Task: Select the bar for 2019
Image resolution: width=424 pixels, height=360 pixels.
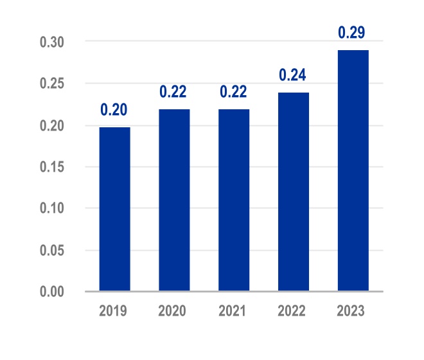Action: [x=114, y=210]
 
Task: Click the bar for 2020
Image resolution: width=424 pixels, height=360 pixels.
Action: [x=174, y=201]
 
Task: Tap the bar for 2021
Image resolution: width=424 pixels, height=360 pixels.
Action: [x=234, y=201]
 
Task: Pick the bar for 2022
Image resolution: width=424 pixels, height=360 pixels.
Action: [x=294, y=192]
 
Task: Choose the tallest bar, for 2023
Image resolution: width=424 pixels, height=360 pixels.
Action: [x=353, y=171]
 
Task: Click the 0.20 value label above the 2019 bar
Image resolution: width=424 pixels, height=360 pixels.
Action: [x=114, y=110]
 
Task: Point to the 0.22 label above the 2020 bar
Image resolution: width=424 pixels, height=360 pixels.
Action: [x=174, y=92]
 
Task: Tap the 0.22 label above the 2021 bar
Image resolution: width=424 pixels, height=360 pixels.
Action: [x=234, y=92]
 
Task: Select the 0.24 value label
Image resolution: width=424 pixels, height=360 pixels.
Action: [x=294, y=75]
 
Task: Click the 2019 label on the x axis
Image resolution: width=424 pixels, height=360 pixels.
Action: [x=114, y=312]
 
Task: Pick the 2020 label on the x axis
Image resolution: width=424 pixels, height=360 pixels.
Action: [x=174, y=312]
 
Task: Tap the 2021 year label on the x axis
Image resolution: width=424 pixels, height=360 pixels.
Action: [x=234, y=312]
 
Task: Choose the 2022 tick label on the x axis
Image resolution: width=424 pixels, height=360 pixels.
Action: [x=294, y=312]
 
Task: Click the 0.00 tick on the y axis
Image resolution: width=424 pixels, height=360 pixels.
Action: [x=52, y=292]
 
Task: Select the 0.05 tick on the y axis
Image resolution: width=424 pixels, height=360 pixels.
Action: [x=52, y=250]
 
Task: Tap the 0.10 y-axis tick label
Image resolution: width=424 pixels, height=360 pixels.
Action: [x=52, y=208]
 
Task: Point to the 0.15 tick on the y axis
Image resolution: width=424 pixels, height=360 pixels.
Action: [x=52, y=167]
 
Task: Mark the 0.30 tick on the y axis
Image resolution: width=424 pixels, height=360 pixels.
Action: [x=52, y=42]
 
